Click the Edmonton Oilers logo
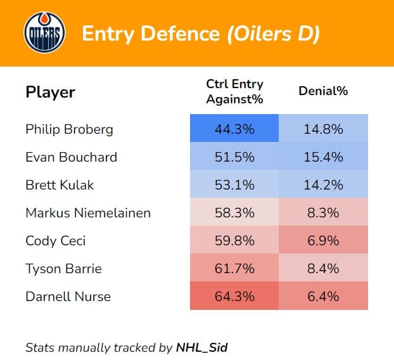[44, 34]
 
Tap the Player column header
[50, 92]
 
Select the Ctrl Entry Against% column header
[234, 91]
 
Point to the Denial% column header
[323, 91]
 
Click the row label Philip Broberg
[69, 129]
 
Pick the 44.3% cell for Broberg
[234, 129]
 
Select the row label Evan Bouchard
[71, 157]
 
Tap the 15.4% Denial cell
[323, 157]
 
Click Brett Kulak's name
[60, 185]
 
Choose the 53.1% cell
[234, 184]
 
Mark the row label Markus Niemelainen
[88, 213]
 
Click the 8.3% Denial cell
[323, 212]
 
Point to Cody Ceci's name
[56, 241]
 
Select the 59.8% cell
[234, 240]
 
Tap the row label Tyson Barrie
[63, 269]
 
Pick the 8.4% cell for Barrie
[323, 268]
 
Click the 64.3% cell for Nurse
[234, 296]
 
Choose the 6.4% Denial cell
[323, 296]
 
